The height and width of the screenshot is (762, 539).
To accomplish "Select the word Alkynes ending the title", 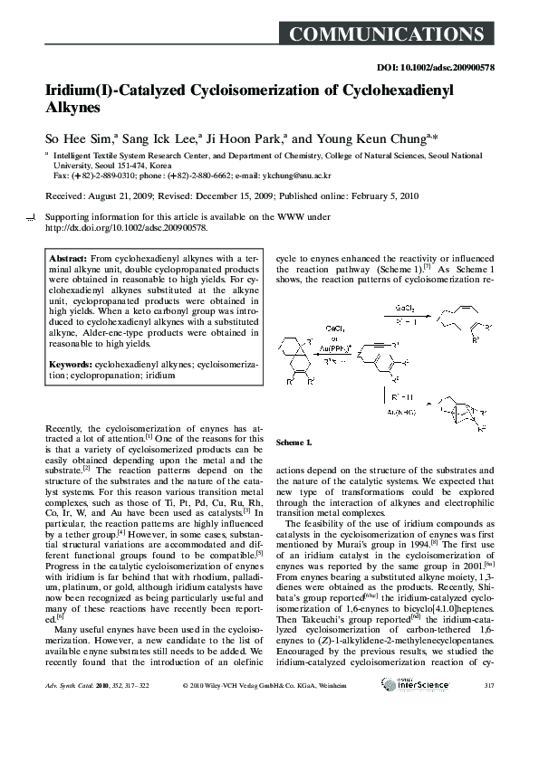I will (x=72, y=110).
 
